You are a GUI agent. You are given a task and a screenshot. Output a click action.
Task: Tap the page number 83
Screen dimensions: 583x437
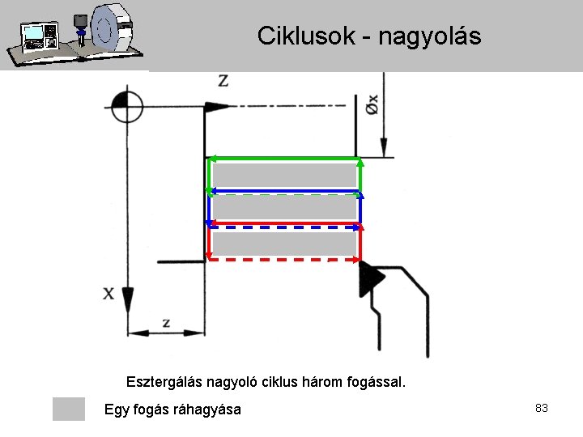click(542, 408)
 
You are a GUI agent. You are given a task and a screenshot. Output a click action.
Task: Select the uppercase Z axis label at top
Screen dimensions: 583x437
click(223, 80)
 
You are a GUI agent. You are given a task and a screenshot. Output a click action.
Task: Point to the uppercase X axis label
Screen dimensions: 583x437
click(109, 294)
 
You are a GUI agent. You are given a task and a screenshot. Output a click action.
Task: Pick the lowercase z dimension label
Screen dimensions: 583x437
click(166, 322)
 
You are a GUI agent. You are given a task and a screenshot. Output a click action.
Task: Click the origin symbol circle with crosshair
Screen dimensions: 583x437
click(126, 107)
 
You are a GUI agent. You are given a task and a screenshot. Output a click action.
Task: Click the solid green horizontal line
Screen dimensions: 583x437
click(283, 159)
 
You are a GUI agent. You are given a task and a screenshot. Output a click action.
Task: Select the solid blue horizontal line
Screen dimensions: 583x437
click(283, 191)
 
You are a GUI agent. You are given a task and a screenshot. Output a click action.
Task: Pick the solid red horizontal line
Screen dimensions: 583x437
click(283, 223)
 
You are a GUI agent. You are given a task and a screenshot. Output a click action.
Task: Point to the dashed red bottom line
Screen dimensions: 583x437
click(283, 260)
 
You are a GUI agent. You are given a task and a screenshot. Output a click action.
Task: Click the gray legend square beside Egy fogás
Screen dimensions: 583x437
click(69, 409)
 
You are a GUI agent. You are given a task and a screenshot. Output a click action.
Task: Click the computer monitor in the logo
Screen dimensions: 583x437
click(35, 34)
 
